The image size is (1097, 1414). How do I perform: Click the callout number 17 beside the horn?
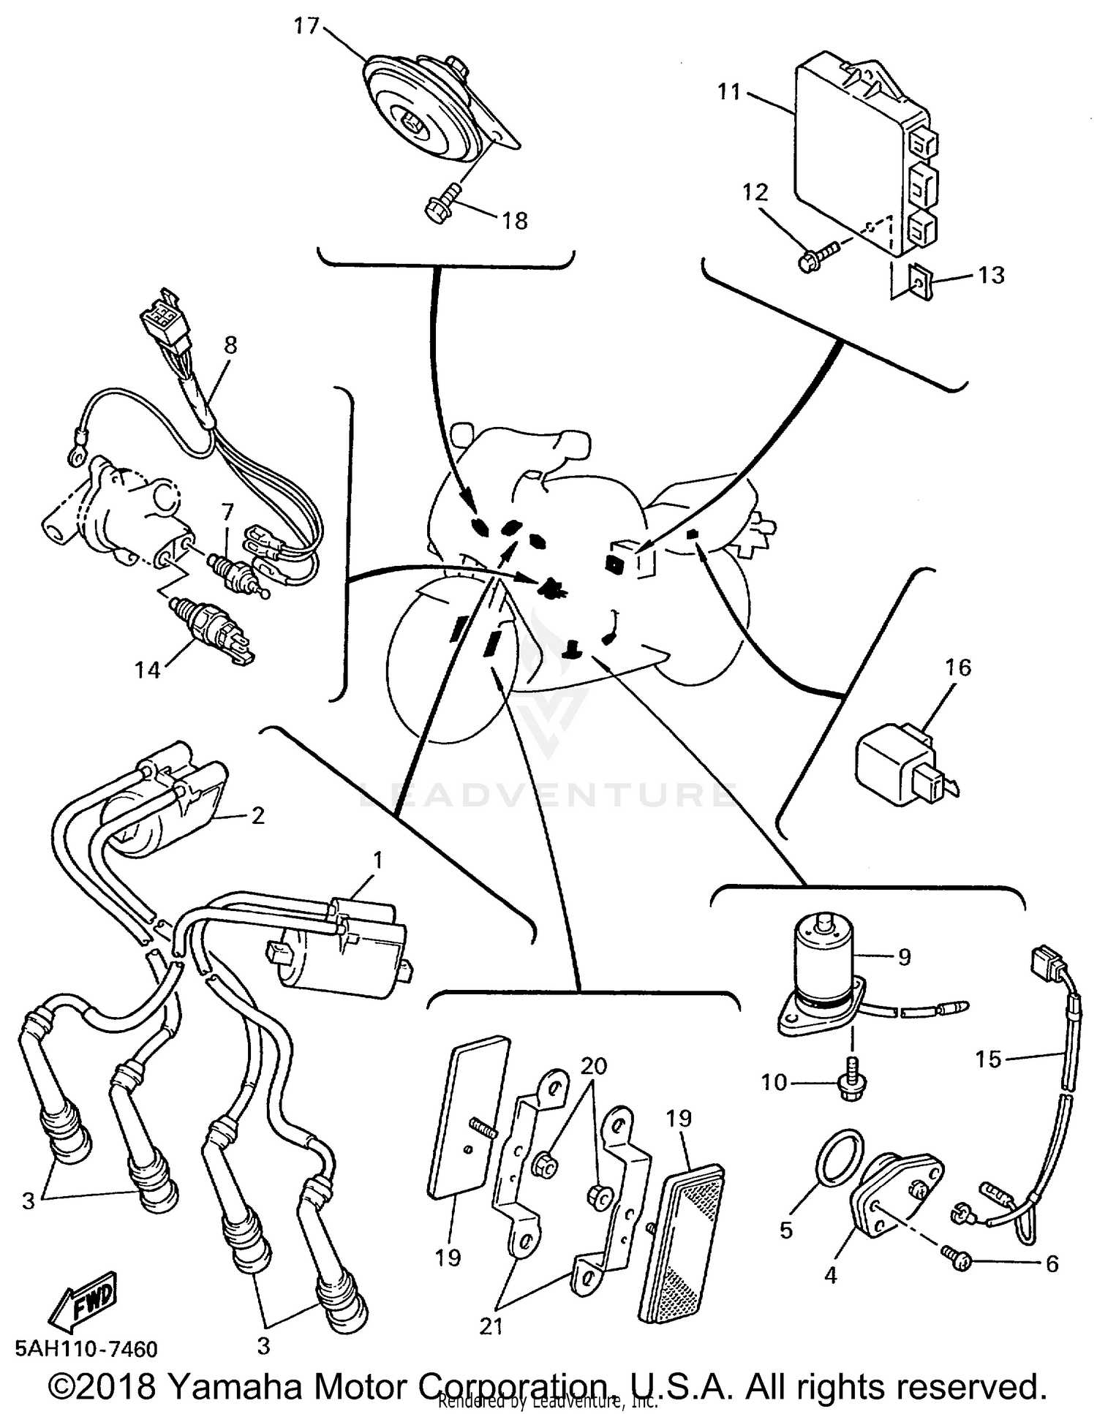pyautogui.click(x=306, y=26)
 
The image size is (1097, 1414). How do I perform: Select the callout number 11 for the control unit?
pyautogui.click(x=729, y=92)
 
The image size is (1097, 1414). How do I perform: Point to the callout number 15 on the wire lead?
pyautogui.click(x=988, y=1059)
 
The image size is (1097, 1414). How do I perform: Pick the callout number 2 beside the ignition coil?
pyautogui.click(x=257, y=815)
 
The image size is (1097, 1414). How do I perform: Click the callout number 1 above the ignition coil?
pyautogui.click(x=377, y=861)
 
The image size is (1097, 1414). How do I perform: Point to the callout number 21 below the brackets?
pyautogui.click(x=491, y=1326)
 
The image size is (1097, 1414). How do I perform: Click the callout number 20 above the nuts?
pyautogui.click(x=594, y=1066)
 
